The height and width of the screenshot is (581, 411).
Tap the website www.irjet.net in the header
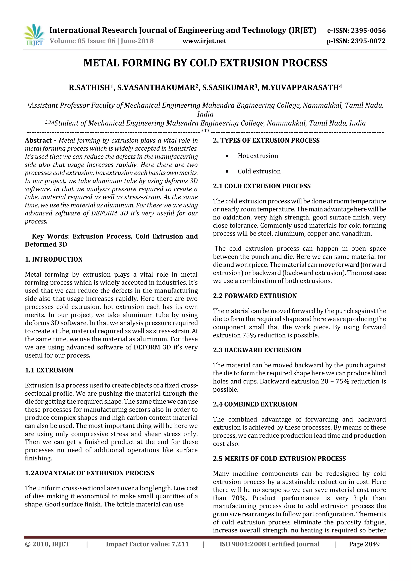[204, 41]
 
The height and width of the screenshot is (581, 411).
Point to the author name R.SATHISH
[89, 88]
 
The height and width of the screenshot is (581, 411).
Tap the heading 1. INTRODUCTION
[54, 259]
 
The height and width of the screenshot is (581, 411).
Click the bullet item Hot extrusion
[258, 156]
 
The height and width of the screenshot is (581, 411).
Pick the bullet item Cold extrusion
[259, 171]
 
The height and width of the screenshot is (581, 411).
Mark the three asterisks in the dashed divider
[205, 131]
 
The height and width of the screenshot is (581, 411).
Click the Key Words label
[50, 236]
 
